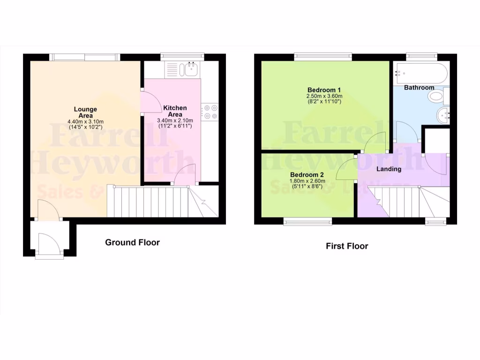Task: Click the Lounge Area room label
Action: coord(85,112)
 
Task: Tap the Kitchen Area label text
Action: coord(175,111)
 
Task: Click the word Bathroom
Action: coord(419,88)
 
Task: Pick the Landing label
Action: coord(389,169)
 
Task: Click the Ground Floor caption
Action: coord(132,242)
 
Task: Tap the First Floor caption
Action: coord(347,246)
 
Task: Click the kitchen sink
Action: coord(191,70)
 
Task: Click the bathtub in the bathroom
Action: coord(420,73)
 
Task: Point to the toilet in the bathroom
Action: coord(436,97)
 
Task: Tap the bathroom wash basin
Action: coord(443,115)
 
